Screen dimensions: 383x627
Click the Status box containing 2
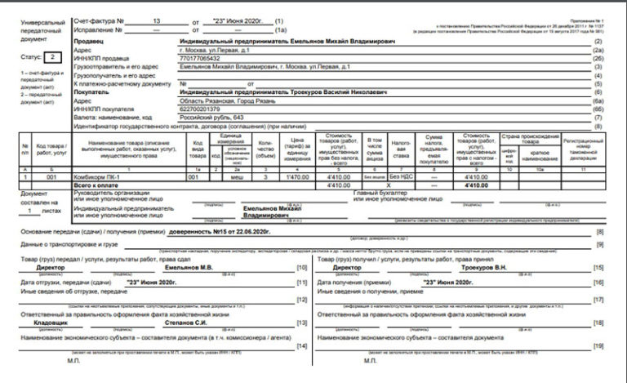coord(53,57)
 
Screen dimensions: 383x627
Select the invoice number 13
coord(157,17)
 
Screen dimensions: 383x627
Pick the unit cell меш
coord(238,176)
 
